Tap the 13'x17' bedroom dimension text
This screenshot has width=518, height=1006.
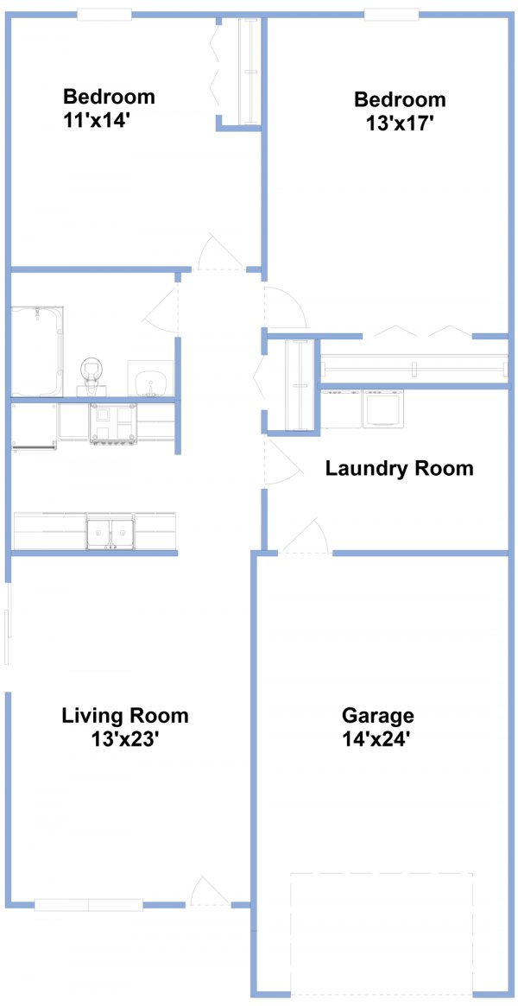point(397,123)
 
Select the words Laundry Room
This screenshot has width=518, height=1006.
point(400,468)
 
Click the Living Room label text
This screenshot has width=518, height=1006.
point(125,715)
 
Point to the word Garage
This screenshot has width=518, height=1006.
point(377,715)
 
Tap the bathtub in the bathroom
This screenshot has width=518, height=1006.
point(37,351)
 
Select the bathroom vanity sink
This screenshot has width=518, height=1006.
point(151,379)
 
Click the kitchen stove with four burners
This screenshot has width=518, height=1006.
point(113,423)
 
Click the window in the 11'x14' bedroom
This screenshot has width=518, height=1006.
point(104,14)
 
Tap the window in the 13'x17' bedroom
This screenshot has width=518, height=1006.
point(392,14)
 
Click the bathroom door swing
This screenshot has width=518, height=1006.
point(161,308)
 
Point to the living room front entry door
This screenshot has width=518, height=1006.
point(209,890)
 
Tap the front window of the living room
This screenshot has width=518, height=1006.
point(88,905)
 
